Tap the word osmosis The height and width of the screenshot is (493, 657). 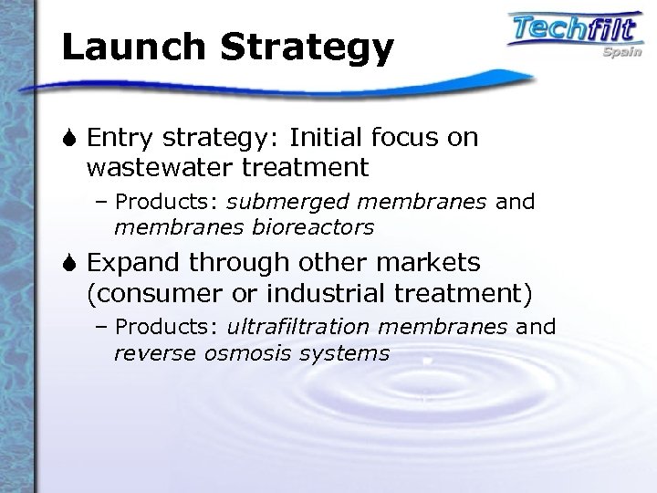pos(232,351)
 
